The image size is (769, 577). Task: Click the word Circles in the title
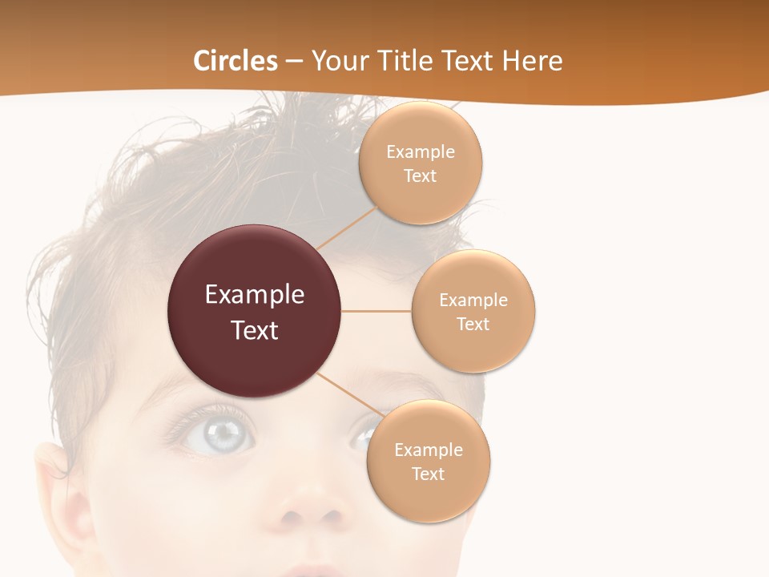pyautogui.click(x=235, y=61)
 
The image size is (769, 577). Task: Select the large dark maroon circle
pyautogui.click(x=254, y=311)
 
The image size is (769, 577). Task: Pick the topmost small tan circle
pyautogui.click(x=420, y=163)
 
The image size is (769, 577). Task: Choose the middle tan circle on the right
pyautogui.click(x=473, y=311)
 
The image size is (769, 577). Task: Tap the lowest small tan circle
pyautogui.click(x=428, y=461)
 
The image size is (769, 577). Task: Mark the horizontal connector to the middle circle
pyautogui.click(x=376, y=311)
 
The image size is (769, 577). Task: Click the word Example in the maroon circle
pyautogui.click(x=254, y=295)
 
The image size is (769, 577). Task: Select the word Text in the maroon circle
pyautogui.click(x=254, y=330)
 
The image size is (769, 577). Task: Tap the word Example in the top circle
pyautogui.click(x=420, y=151)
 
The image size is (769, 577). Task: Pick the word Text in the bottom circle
pyautogui.click(x=428, y=474)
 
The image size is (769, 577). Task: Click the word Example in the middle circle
pyautogui.click(x=473, y=300)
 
